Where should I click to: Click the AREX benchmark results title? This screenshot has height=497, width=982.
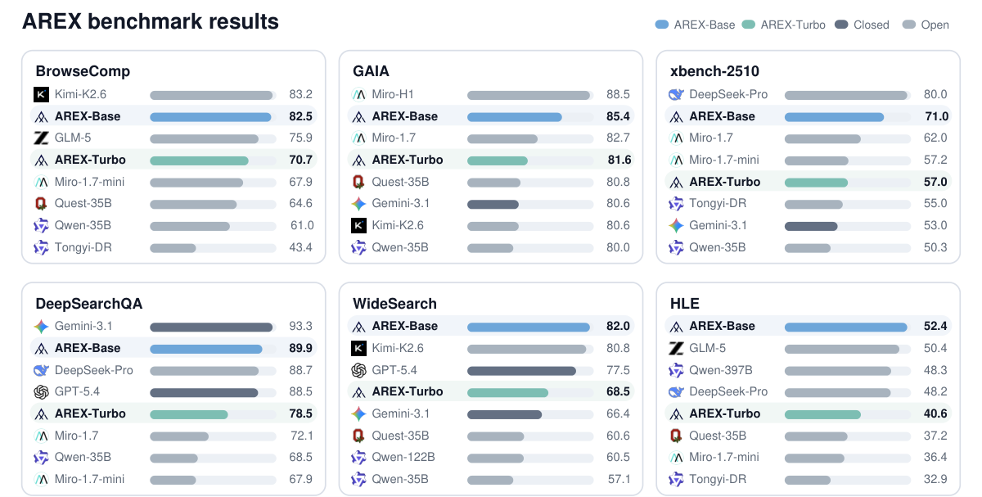click(151, 21)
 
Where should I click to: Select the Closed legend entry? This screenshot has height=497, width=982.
click(862, 25)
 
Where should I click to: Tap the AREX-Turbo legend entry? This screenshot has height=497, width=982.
click(784, 25)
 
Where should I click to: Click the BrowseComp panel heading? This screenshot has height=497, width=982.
click(83, 71)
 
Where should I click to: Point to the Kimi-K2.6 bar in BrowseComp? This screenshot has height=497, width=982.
click(211, 95)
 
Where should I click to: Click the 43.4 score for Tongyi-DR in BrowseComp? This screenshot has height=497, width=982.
click(301, 247)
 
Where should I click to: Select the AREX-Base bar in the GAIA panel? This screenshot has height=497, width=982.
click(515, 117)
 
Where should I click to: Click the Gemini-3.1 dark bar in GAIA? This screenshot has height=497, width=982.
click(493, 204)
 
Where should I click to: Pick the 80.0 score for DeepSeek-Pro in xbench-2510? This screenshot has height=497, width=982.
click(935, 94)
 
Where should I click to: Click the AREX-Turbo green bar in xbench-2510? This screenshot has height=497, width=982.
click(817, 182)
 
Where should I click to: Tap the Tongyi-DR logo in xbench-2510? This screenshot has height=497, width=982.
click(676, 204)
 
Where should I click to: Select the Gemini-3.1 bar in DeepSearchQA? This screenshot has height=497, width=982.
click(211, 327)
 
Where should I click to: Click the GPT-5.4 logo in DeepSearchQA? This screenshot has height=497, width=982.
click(41, 391)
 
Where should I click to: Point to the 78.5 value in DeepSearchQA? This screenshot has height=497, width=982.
click(301, 413)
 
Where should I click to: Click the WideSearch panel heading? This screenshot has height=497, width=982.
click(394, 304)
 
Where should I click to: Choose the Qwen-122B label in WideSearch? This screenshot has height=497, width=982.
click(403, 457)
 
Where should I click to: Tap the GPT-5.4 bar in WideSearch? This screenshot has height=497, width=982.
click(522, 371)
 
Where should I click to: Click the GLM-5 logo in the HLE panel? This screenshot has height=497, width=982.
click(676, 348)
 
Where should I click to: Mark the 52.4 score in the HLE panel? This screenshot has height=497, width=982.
click(935, 326)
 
